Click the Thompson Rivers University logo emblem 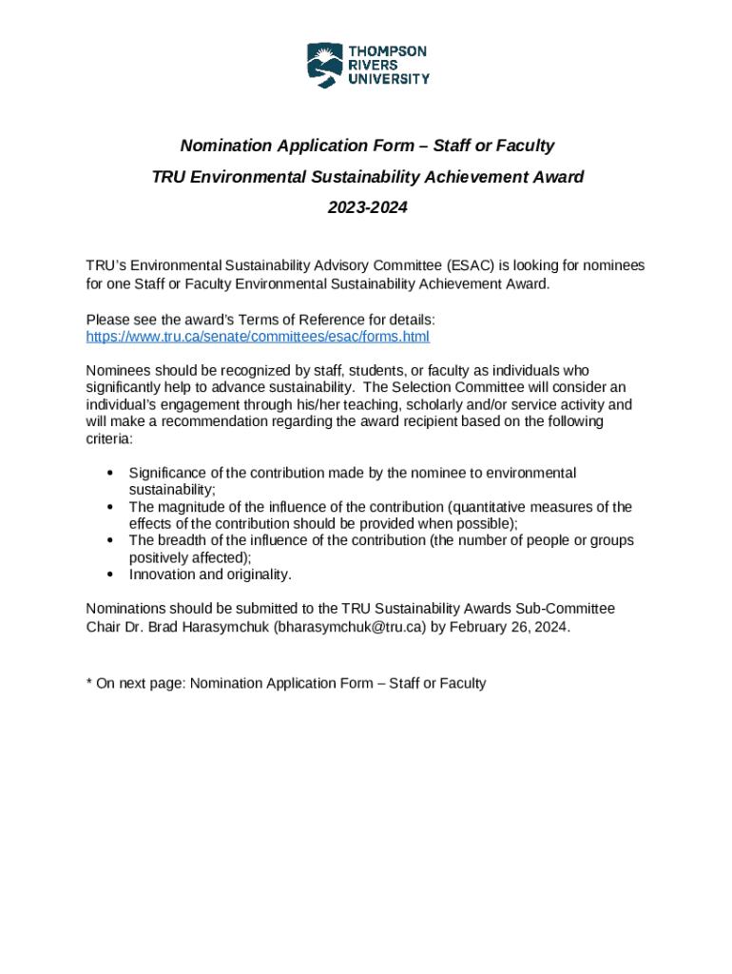[x=324, y=65]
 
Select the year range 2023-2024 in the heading [x=367, y=206]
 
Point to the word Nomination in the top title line [x=226, y=146]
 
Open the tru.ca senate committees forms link [x=258, y=337]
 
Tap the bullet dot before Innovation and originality [x=111, y=575]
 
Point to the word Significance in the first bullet [x=168, y=473]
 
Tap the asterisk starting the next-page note [x=88, y=683]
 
